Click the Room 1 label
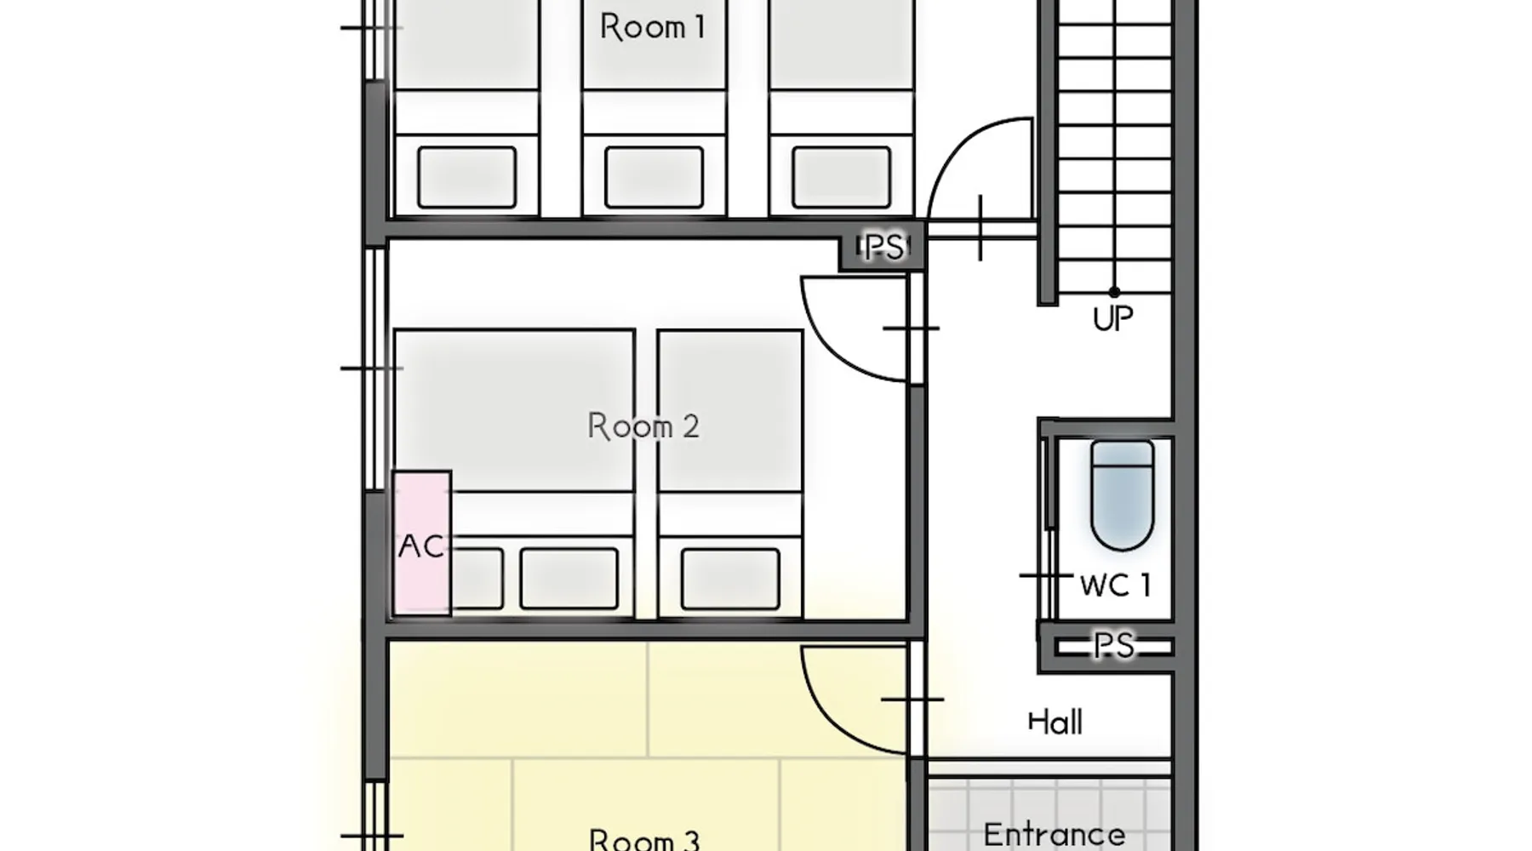point(653,27)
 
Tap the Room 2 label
point(643,425)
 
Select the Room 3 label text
point(644,839)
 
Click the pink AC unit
point(422,543)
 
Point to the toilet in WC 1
point(1123,496)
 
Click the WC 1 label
point(1115,585)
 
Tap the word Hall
point(1055,722)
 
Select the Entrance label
point(1054,834)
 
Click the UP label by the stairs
point(1113,319)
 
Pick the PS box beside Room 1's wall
point(883,248)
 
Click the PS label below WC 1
point(1114,646)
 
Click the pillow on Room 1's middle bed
point(655,177)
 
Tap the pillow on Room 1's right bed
point(842,177)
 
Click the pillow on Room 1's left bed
point(467,177)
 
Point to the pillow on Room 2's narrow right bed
point(730,579)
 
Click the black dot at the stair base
point(1114,292)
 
